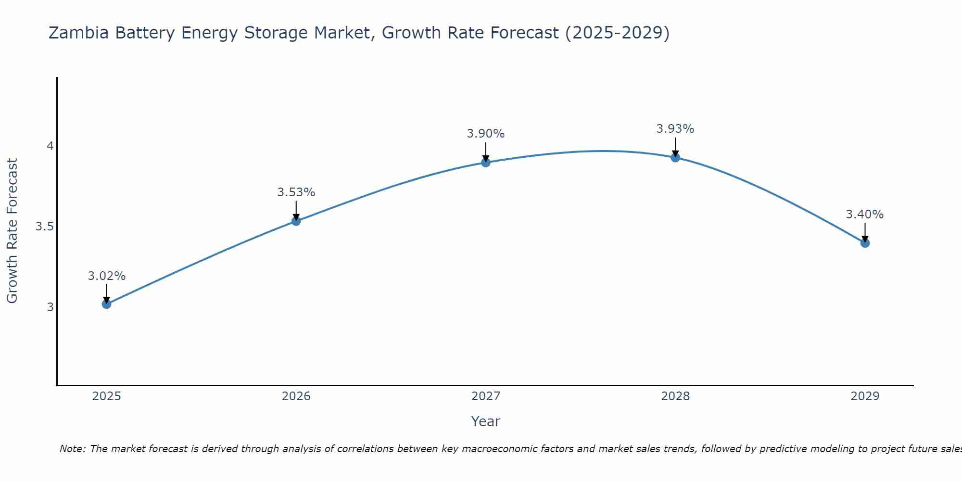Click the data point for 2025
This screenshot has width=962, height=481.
click(106, 304)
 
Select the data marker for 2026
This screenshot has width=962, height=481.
click(296, 221)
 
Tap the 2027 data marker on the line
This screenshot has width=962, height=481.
click(486, 163)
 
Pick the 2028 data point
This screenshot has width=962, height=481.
click(675, 157)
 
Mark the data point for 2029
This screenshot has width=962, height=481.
click(865, 243)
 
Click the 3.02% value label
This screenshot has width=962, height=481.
click(106, 276)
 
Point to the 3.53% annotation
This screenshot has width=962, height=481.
click(296, 192)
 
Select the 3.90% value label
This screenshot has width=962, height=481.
click(486, 134)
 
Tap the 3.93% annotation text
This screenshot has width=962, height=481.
click(675, 129)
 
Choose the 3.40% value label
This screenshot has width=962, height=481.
click(865, 215)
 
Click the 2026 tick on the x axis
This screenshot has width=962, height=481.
click(296, 396)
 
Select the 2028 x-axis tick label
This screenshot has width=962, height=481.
click(675, 396)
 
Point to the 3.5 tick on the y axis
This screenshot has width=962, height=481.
click(44, 227)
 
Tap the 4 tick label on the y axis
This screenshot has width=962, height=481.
click(50, 146)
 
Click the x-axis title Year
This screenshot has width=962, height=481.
click(486, 421)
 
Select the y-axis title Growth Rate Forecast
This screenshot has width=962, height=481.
click(13, 231)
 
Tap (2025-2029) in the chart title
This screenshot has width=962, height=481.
click(617, 33)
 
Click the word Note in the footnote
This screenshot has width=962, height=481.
click(72, 449)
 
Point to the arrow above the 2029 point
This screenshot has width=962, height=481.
click(865, 232)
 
